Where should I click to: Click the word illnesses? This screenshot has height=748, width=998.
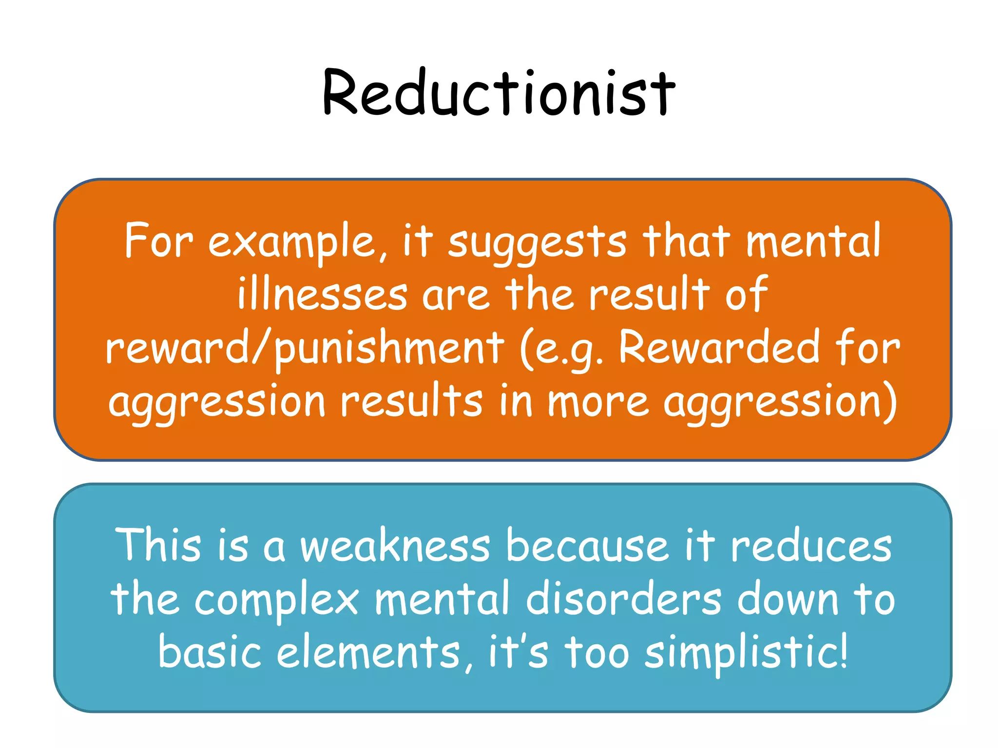click(322, 295)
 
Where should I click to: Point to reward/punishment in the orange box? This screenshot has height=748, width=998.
click(305, 348)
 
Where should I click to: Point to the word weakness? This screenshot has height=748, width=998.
click(395, 545)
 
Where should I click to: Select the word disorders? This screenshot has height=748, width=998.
click(623, 598)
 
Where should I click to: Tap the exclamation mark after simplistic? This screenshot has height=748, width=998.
click(844, 650)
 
